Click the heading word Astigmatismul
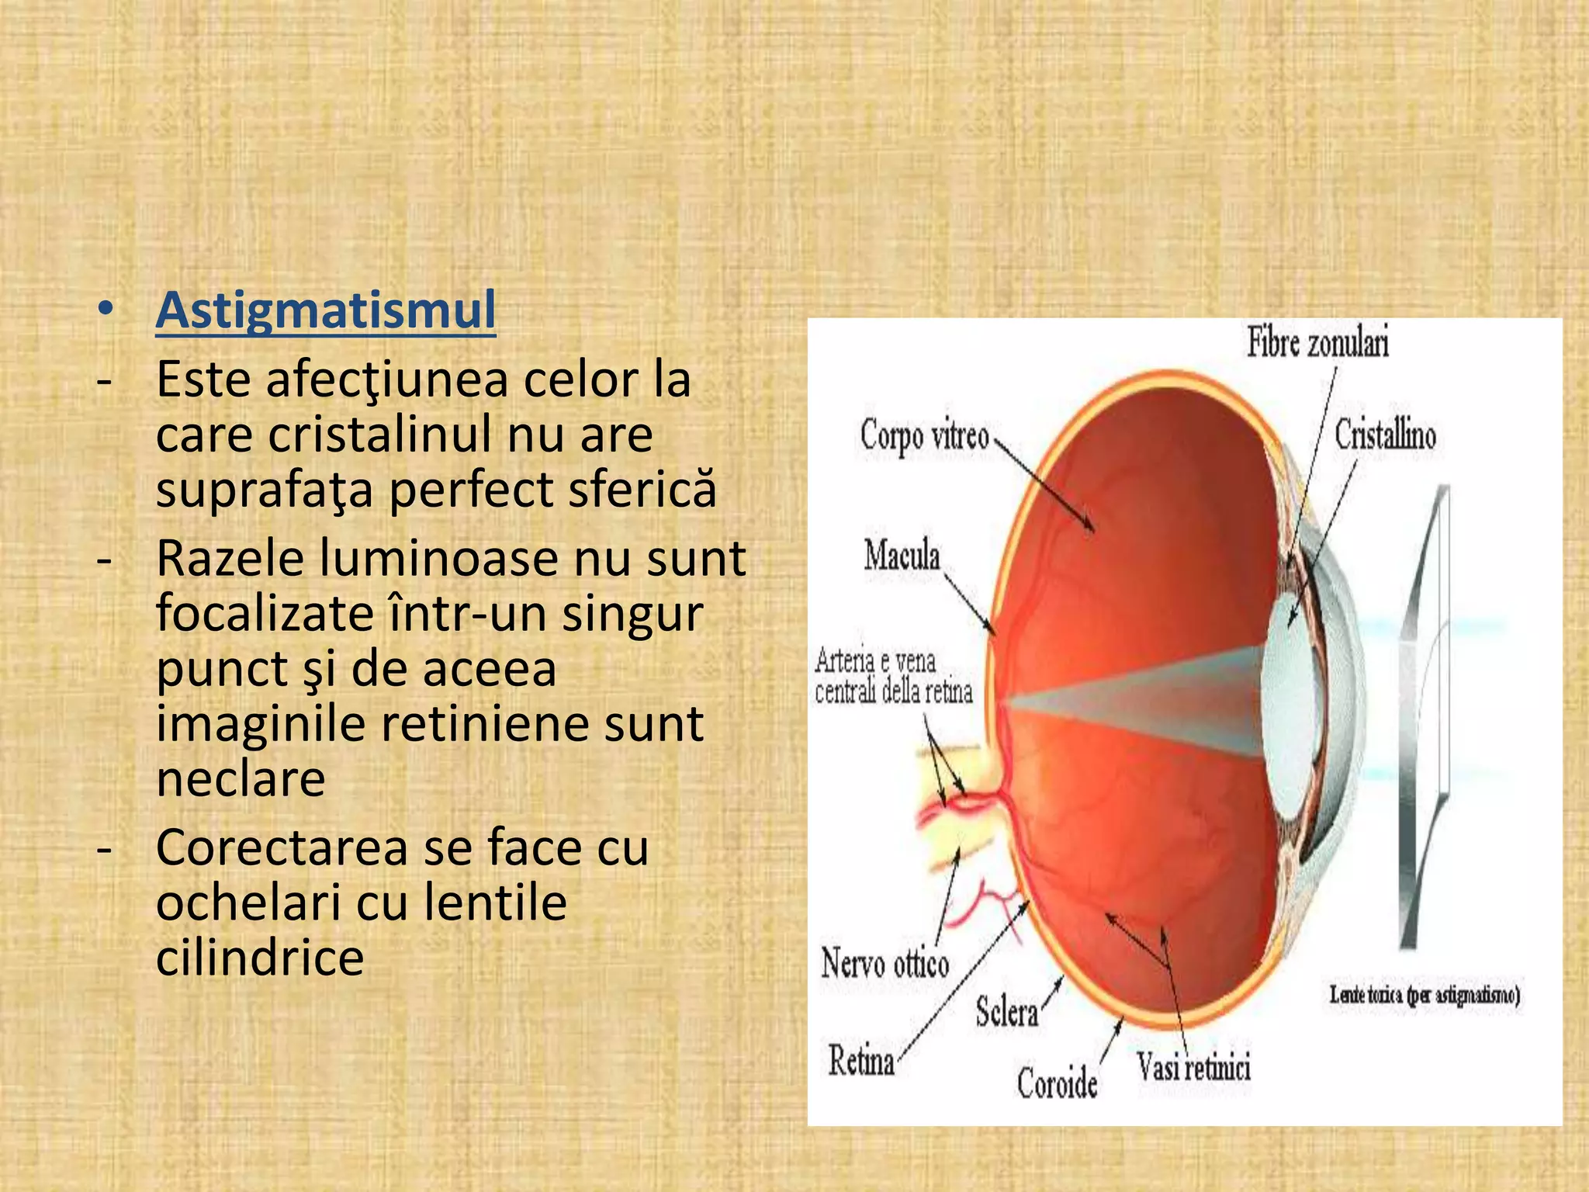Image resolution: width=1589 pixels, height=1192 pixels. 326,311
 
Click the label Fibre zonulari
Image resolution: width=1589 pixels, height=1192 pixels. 1317,343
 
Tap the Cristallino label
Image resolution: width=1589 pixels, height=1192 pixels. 1385,435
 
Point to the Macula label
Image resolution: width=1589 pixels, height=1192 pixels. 902,556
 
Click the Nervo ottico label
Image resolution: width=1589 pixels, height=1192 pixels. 885,964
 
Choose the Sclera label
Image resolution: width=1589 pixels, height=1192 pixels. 1006,1012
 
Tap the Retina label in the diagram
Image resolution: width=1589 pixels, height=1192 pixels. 861,1060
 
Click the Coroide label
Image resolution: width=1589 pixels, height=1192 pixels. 1057,1083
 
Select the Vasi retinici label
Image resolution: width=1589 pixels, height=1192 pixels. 1193,1068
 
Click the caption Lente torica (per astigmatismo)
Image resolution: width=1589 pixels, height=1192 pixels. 1425,994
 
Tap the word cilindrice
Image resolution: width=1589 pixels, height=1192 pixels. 260,957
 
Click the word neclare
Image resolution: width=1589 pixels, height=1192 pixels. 241,778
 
